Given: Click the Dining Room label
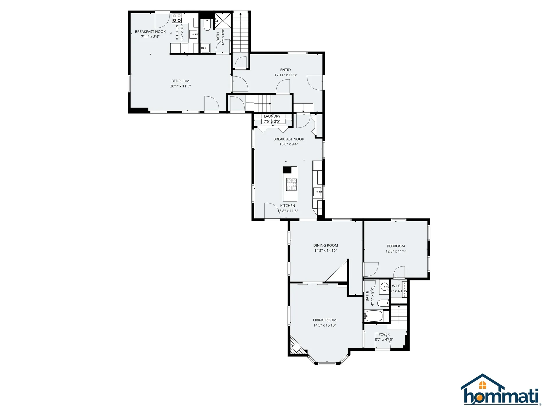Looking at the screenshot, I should tap(325, 246).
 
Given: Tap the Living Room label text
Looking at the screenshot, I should tap(325, 320).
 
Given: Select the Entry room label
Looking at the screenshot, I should tap(286, 70).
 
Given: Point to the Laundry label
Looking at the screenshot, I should tap(272, 116).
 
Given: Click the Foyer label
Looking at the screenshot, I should tap(384, 334).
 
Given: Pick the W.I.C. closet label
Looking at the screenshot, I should tap(397, 286).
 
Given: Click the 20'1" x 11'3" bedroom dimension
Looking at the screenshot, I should tap(180, 86).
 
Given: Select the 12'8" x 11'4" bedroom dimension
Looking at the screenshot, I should tap(396, 251).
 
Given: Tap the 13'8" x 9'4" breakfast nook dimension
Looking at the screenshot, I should tap(289, 144).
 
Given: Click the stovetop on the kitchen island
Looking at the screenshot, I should tap(292, 184).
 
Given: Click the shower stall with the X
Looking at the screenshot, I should tap(223, 20).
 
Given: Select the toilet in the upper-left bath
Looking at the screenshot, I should tap(207, 25).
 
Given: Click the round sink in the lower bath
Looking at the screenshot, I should tap(384, 287).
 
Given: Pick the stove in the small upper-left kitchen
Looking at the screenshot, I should tap(177, 18).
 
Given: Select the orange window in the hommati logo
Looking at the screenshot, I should tap(483, 385).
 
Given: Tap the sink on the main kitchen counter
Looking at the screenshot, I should tap(317, 192).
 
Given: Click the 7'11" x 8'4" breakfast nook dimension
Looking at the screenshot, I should tap(150, 37).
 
